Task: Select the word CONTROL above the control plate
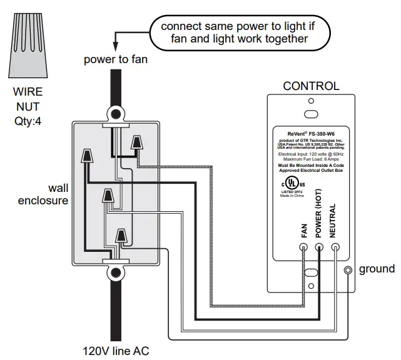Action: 311,86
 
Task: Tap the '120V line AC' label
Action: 116,351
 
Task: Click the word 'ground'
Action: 377,269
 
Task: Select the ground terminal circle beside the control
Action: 349,270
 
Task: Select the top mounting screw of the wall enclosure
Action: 115,114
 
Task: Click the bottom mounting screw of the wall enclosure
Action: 115,272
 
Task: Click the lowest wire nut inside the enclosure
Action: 121,236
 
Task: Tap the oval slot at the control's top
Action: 311,114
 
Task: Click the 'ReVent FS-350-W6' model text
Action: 310,133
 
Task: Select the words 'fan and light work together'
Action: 239,39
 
